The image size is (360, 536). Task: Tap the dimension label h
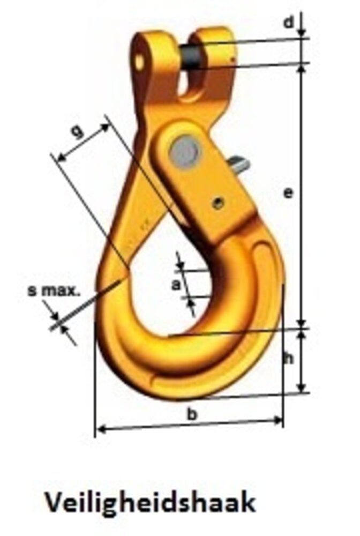(289, 360)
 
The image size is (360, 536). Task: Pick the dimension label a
(175, 285)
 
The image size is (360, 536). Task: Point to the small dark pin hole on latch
(217, 202)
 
